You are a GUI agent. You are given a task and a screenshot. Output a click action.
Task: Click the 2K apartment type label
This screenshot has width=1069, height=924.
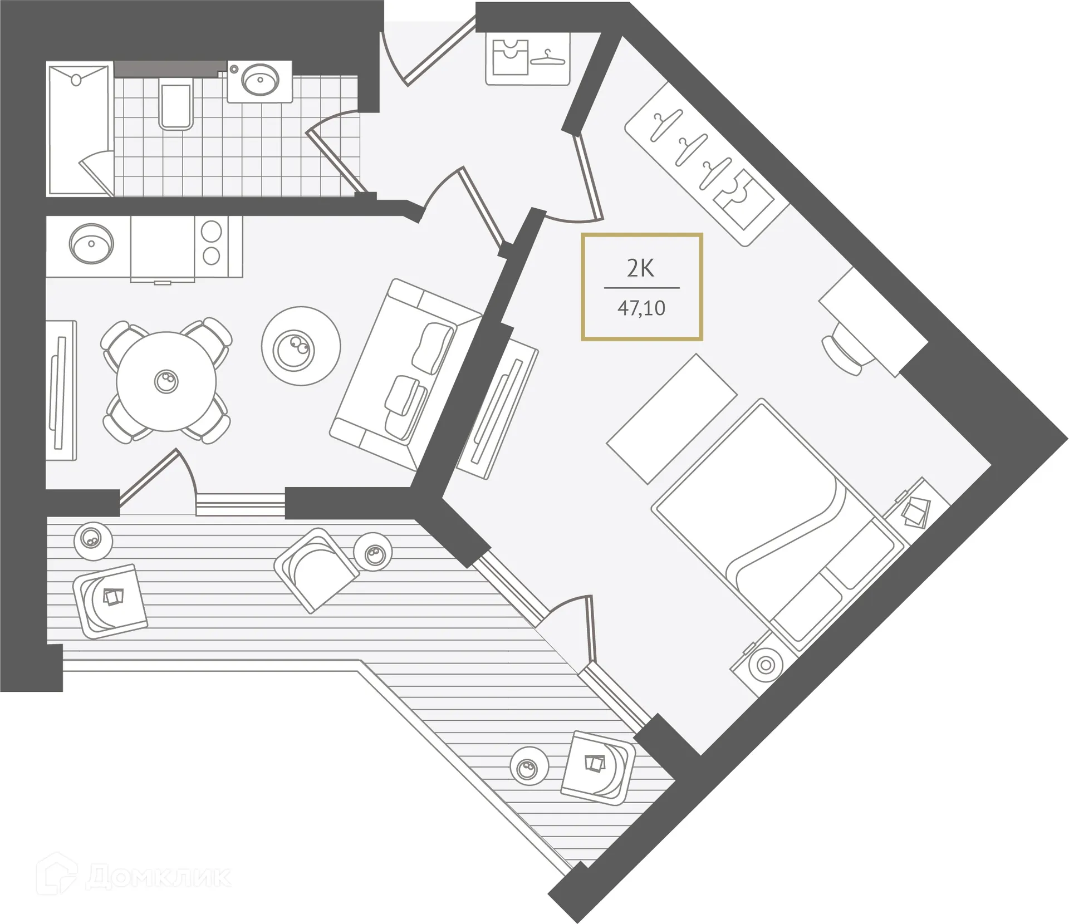[640, 269]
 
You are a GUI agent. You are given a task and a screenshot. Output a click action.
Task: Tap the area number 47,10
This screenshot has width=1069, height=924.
[641, 308]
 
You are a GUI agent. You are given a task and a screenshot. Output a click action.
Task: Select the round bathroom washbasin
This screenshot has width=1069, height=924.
[260, 81]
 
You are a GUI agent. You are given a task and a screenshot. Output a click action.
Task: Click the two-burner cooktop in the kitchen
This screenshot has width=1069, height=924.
[212, 243]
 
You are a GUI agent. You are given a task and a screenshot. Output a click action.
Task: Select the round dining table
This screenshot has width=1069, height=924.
[166, 381]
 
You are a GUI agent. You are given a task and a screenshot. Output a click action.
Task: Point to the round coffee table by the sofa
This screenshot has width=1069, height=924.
[301, 346]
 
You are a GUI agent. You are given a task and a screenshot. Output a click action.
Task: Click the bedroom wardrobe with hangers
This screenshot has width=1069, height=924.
[707, 164]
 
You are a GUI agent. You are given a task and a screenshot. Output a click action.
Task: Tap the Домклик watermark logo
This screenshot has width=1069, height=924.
[134, 877]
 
